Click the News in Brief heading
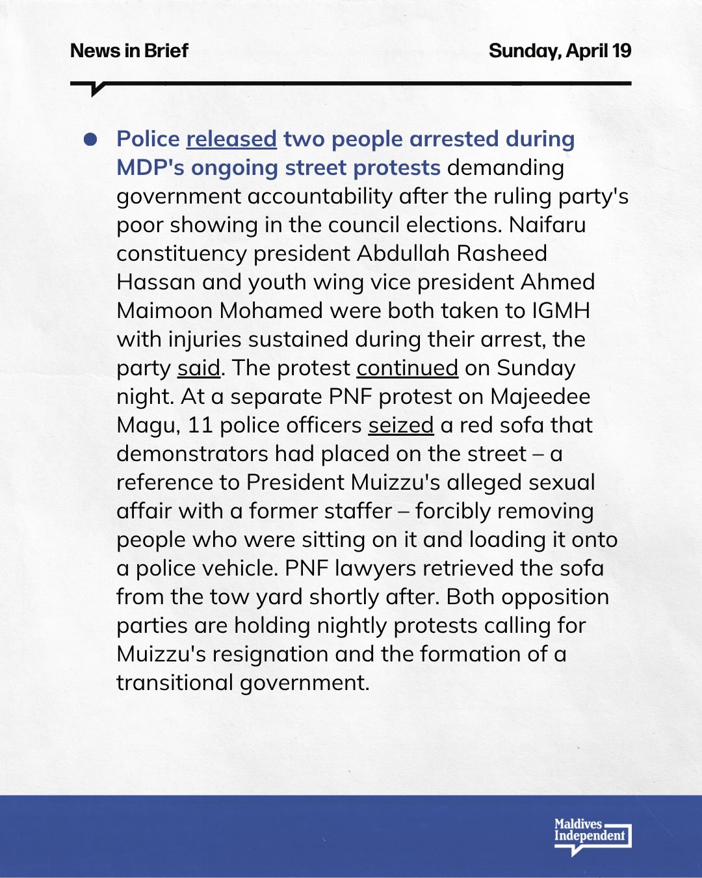coord(129,51)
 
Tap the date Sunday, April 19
coord(560,51)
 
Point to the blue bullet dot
coord(90,139)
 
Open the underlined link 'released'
coord(231,139)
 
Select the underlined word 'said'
coord(199,368)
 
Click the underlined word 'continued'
coord(407,368)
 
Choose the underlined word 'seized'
coord(400,425)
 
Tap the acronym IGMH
coord(561,311)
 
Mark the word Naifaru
coord(547,225)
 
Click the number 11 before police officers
coord(200,425)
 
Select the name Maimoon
coord(164,311)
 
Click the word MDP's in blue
coord(151,168)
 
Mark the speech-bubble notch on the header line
coord(97,90)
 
